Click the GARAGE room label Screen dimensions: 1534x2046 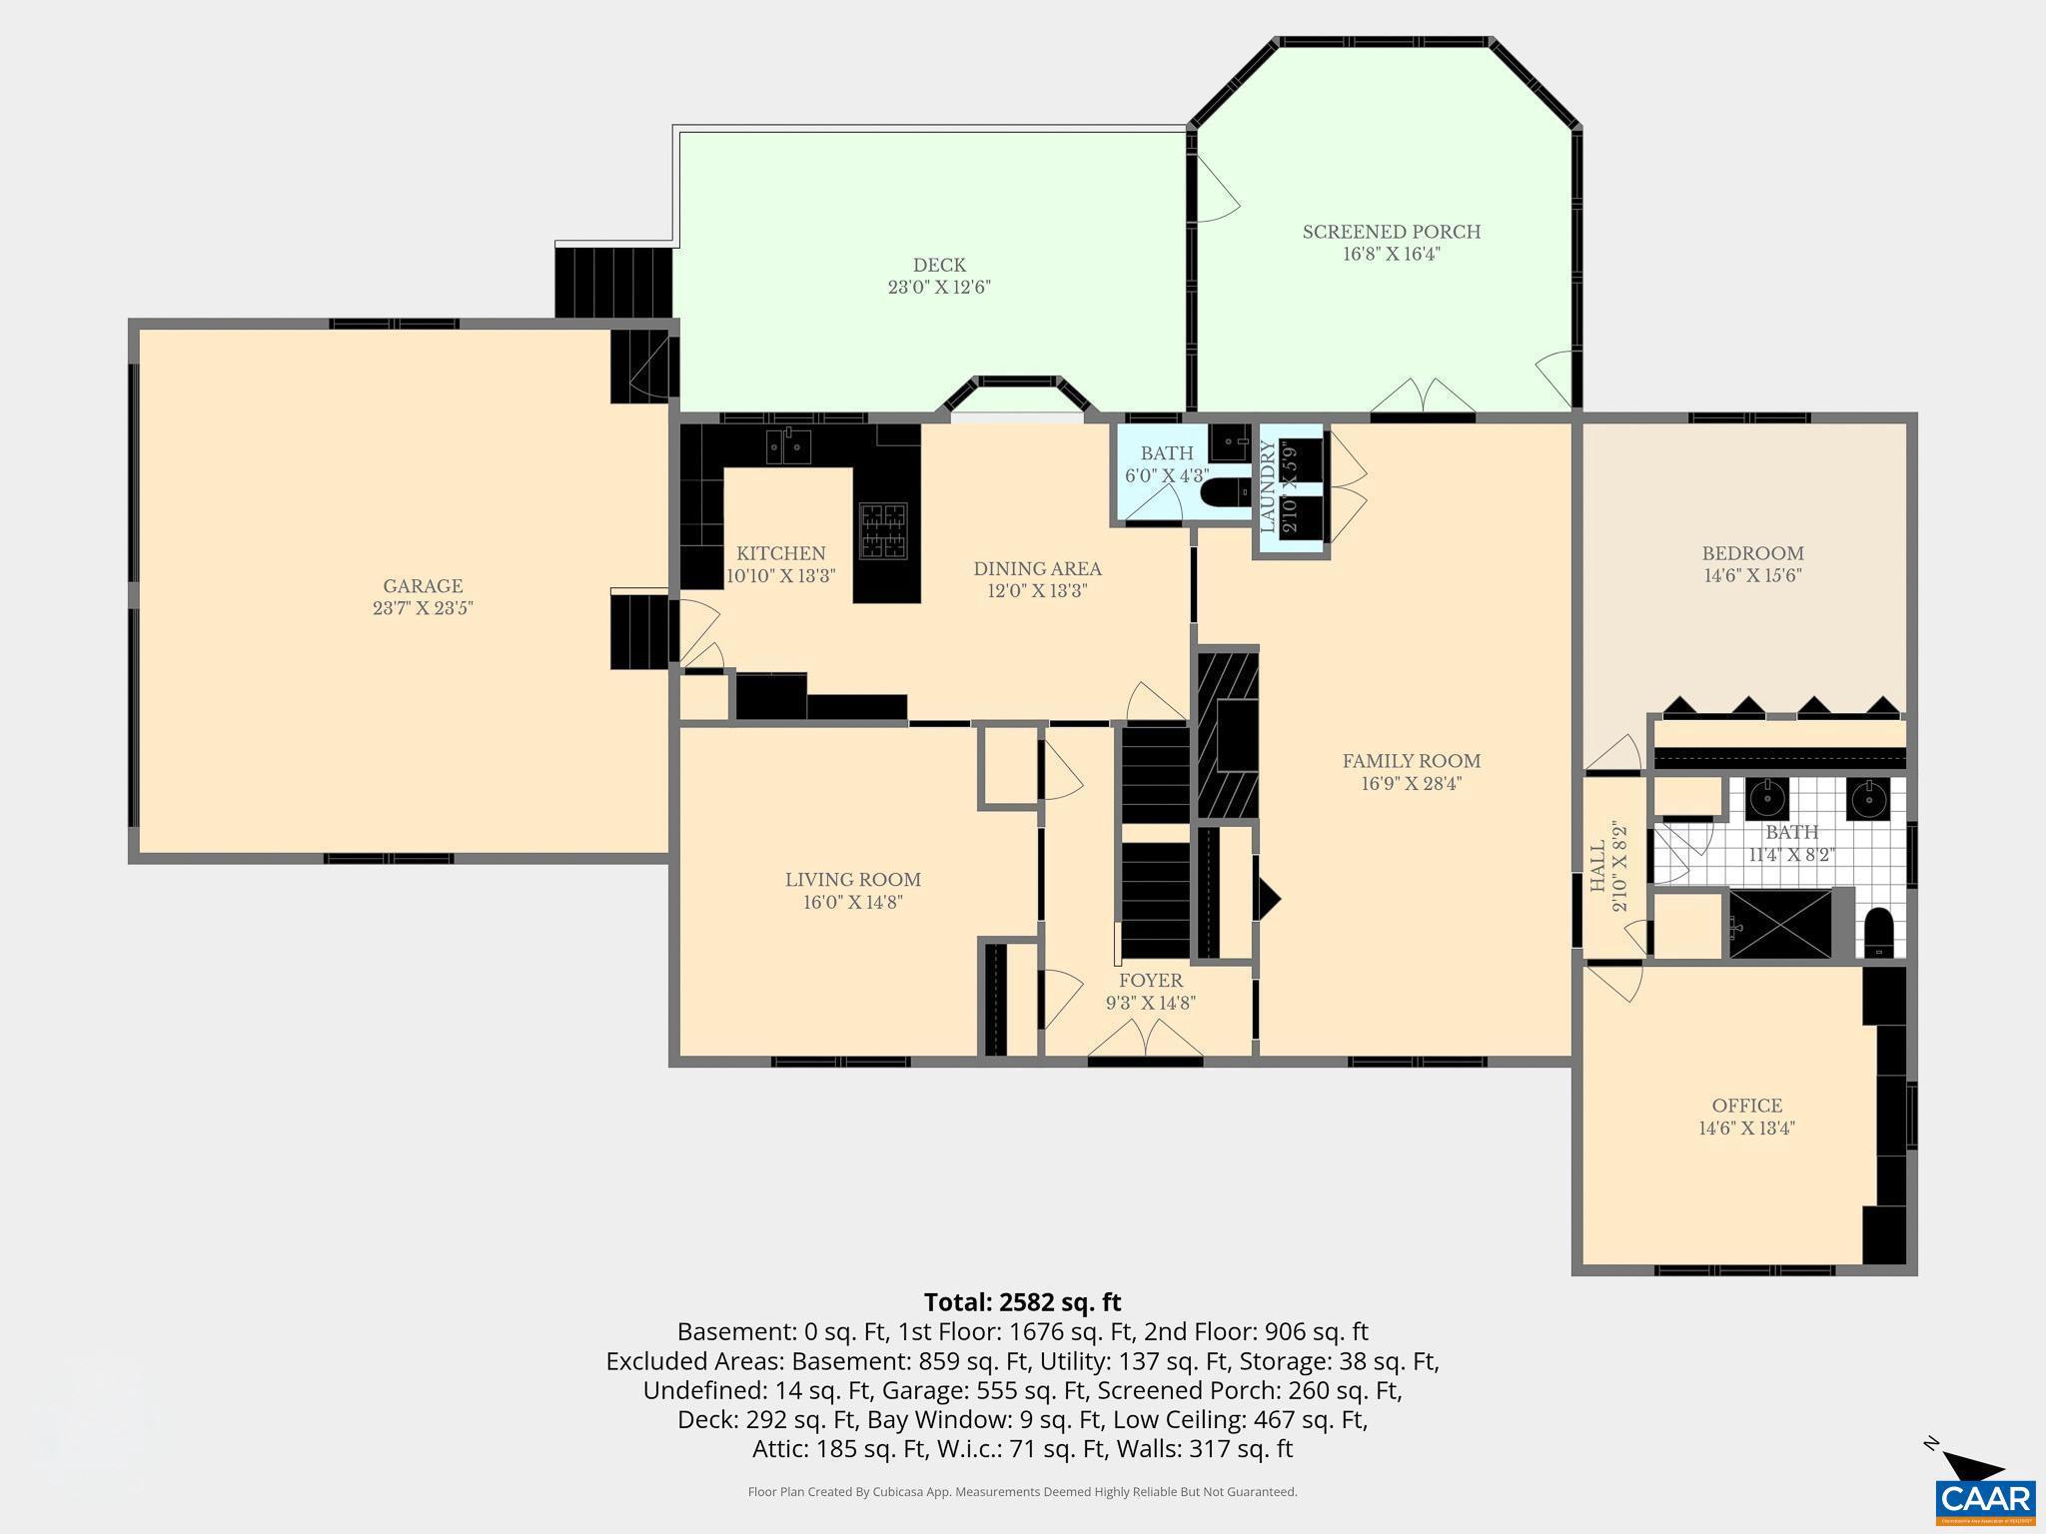coord(423,586)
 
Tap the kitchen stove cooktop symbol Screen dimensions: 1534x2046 coord(884,530)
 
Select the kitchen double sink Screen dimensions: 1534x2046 coord(788,445)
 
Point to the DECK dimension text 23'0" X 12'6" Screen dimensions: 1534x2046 coord(939,288)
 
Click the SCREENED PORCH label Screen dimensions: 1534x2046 coord(1391,232)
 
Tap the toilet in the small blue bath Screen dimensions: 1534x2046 coord(1225,492)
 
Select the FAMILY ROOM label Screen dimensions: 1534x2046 coord(1411,761)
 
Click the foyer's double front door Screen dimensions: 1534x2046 coord(1145,1043)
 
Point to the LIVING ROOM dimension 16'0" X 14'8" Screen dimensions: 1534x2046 coord(853,902)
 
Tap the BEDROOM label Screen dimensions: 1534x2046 coord(1752,553)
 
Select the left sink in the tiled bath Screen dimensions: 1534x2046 coord(1766,799)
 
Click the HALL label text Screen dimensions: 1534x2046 coord(1597,866)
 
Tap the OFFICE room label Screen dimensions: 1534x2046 coord(1746,1106)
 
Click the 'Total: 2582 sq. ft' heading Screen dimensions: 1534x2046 coord(1022,1302)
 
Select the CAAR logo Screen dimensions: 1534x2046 coord(1985,1499)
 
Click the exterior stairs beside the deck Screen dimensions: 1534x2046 coord(613,283)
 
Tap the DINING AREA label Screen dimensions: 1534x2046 coord(1037,569)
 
